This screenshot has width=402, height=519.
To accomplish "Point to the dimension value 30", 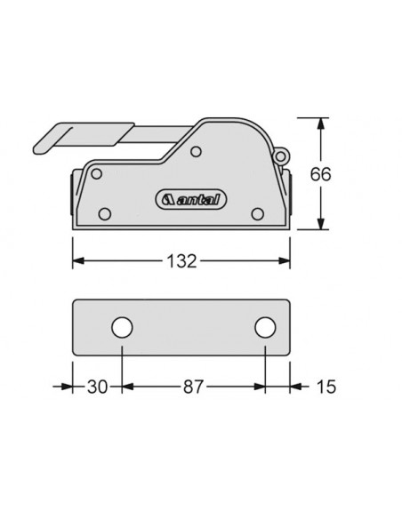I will pos(96,387).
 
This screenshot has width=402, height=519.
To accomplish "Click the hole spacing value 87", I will pos(194,387).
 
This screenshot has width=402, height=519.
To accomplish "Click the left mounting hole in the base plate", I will pos(120,328).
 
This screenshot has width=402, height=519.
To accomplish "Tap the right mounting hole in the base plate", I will pos(265,328).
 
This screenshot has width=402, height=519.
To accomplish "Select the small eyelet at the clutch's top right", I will pos(282,156).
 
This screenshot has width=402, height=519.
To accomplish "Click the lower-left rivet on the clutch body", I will pos(106,213).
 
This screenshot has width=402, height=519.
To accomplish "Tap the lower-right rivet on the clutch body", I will pos(258,213).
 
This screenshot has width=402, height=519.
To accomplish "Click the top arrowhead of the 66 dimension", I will pos(321,123).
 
